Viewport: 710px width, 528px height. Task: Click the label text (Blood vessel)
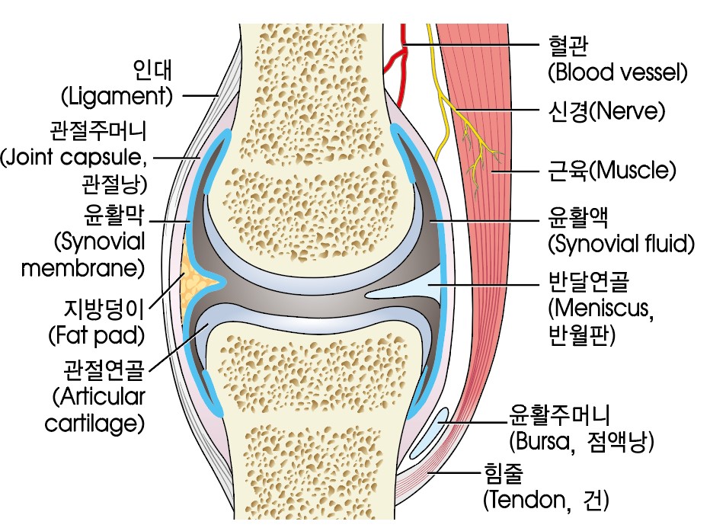(617, 73)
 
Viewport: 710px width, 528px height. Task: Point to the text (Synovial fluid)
(622, 245)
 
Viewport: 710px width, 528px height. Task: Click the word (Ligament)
(117, 97)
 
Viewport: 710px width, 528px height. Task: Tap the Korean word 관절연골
(103, 371)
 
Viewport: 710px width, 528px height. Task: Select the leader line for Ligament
(200, 96)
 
